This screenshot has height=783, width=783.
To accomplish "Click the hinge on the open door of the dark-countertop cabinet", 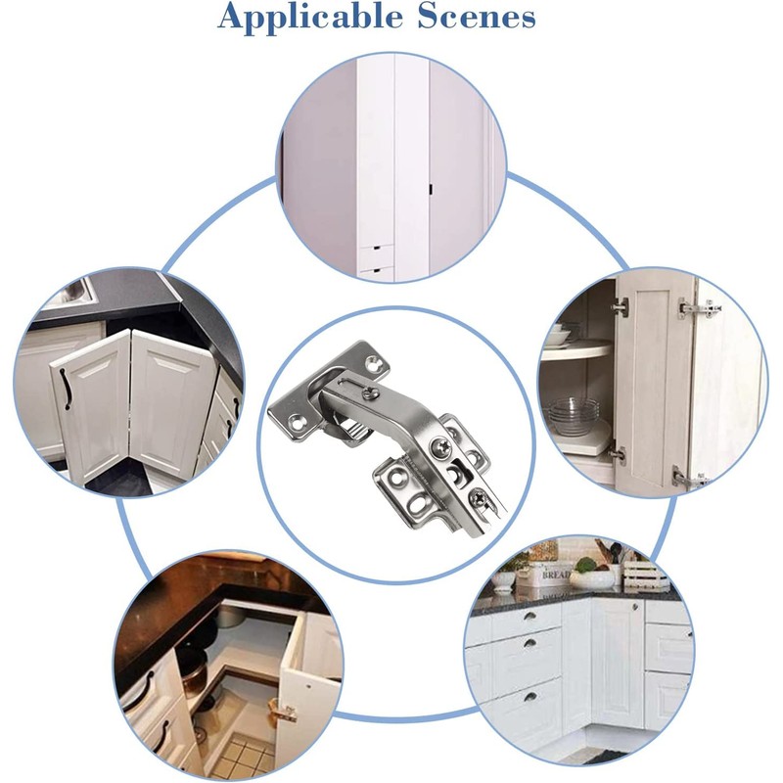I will pyautogui.click(x=285, y=713).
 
